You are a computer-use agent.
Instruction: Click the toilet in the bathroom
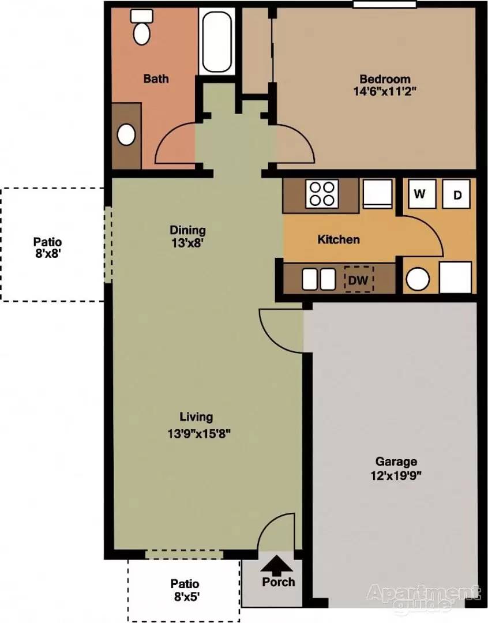click(142, 27)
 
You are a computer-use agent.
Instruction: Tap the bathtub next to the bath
click(216, 42)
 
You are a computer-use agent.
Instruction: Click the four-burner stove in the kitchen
click(322, 193)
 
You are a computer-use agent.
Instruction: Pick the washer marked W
click(420, 193)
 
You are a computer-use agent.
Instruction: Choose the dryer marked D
click(457, 194)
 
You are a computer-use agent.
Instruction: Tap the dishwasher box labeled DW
click(359, 280)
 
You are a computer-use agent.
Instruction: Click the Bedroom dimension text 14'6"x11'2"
click(385, 91)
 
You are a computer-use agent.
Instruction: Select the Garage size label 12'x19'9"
click(396, 475)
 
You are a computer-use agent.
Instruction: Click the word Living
click(196, 417)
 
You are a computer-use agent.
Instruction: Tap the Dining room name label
click(187, 230)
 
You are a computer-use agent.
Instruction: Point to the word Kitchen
click(339, 239)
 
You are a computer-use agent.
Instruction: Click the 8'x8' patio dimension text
click(48, 253)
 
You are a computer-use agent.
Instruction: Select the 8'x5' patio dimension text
click(185, 596)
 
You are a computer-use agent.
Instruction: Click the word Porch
click(279, 582)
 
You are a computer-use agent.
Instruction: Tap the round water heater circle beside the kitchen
click(418, 279)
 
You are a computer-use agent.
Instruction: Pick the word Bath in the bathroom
click(156, 78)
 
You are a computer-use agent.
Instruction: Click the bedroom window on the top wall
click(385, 4)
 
